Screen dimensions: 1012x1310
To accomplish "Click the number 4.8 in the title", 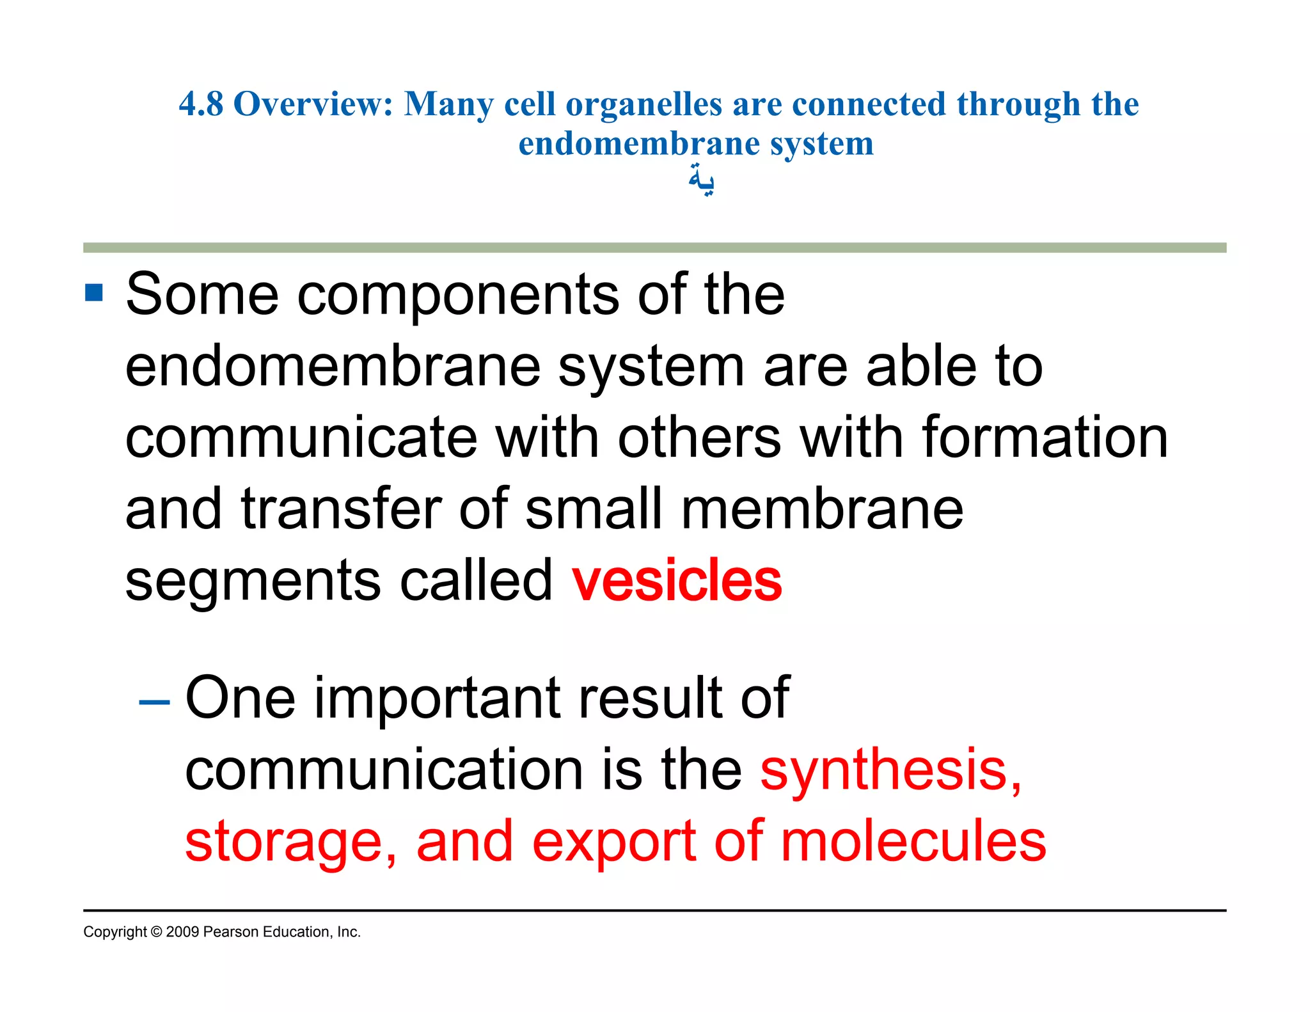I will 201,104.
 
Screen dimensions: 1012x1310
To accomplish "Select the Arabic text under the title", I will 701,180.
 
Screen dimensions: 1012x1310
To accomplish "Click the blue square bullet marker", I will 94,293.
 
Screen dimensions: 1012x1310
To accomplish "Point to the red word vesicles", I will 677,580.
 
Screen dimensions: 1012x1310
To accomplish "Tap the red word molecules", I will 913,842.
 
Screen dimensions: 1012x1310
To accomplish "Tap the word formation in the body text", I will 1045,438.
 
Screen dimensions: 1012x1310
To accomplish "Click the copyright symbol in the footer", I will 157,932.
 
